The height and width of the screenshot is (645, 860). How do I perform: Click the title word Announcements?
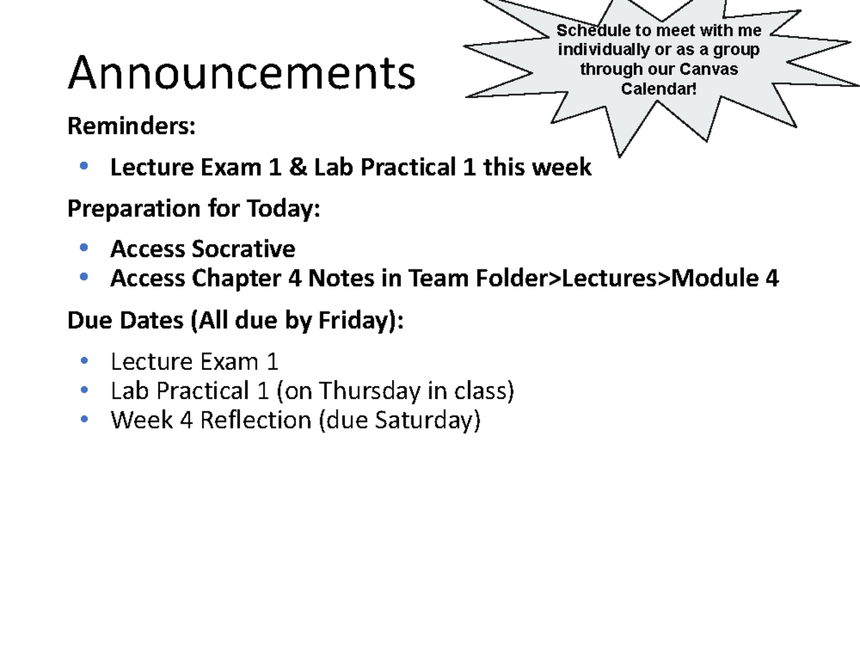242,74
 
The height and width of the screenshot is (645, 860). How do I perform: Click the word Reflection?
255,420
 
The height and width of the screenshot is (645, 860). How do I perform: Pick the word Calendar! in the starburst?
658,88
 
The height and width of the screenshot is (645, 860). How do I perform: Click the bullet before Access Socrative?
85,248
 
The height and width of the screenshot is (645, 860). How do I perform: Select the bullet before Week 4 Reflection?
85,419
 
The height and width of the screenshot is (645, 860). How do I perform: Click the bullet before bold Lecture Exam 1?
85,166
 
